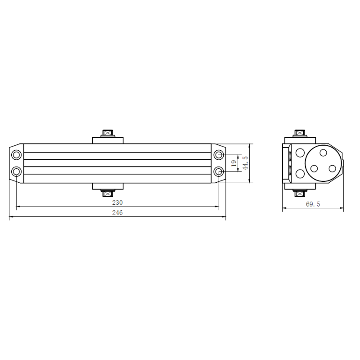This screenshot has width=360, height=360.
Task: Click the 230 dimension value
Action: coord(117,202)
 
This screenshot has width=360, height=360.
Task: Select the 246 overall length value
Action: coord(117,212)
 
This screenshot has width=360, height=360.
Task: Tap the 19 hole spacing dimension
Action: coord(234,163)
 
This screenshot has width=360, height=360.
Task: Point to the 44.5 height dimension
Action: coord(245,163)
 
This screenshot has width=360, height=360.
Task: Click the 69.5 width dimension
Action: coord(313,204)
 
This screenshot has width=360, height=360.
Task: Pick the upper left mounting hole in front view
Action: coord(16,155)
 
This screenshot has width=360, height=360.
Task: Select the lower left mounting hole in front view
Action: coord(16,171)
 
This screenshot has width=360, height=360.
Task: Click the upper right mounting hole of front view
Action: coord(219,155)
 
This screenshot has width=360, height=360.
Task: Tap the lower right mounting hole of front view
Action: coord(219,171)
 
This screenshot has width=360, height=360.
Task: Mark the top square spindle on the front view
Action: coord(108,133)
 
